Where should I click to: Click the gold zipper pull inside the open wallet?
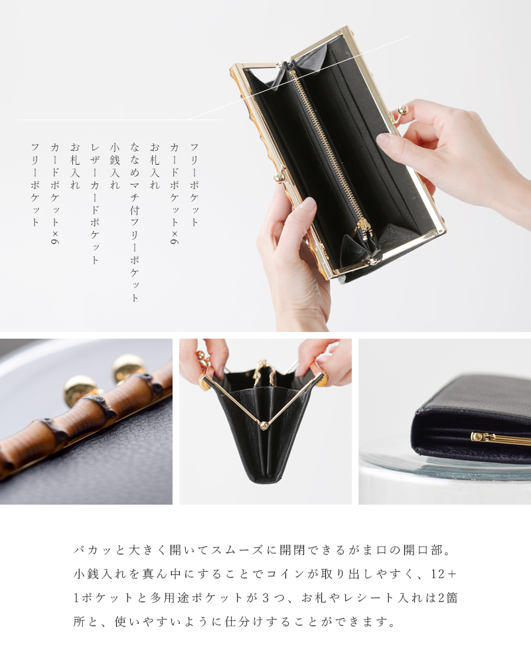(x=363, y=229)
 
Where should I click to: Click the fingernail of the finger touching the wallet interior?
(x=384, y=140)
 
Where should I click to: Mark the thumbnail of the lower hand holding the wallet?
(x=307, y=205)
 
